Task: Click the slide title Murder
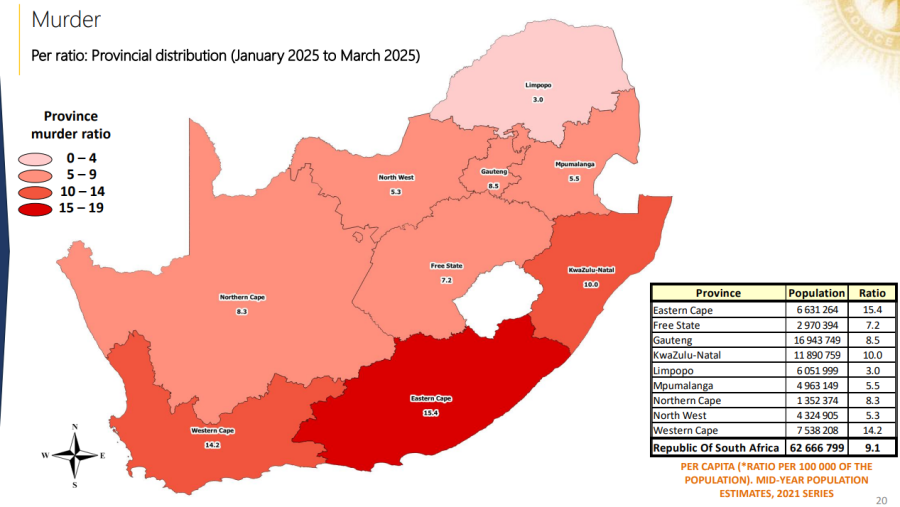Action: click(x=66, y=20)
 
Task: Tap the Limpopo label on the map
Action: click(x=537, y=85)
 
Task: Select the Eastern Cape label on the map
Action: click(x=428, y=399)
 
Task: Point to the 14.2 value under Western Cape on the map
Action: click(x=212, y=444)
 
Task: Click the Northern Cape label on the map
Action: click(x=242, y=297)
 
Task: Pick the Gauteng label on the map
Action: click(x=493, y=172)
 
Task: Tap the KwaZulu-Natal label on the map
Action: click(x=590, y=270)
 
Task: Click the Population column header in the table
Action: click(x=816, y=293)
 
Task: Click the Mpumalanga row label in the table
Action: click(x=686, y=385)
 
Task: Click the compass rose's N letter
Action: click(x=75, y=427)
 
